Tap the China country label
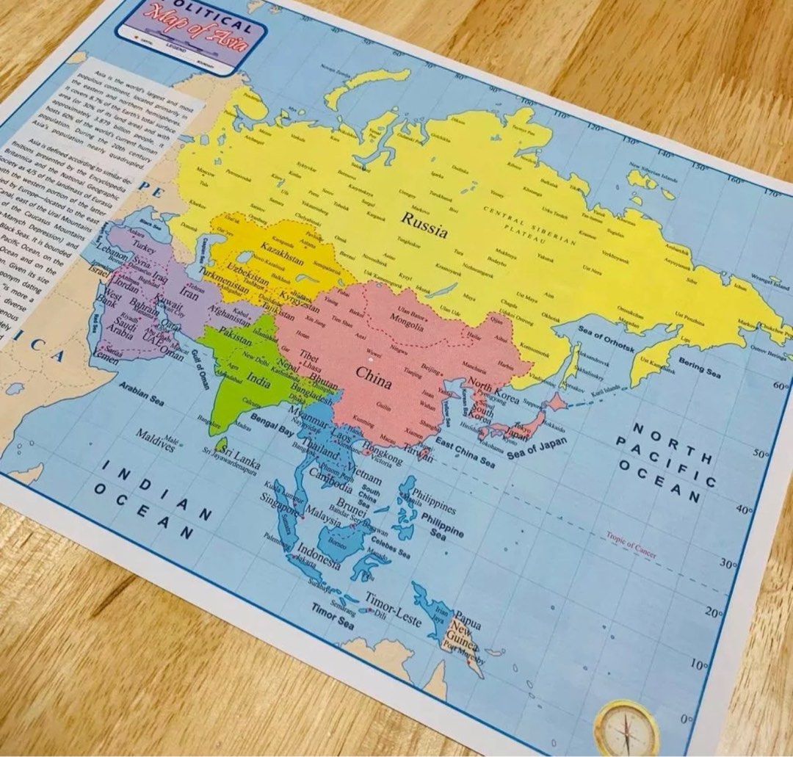click(x=374, y=374)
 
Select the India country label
click(x=258, y=381)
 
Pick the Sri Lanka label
click(x=242, y=457)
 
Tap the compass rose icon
click(x=626, y=727)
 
